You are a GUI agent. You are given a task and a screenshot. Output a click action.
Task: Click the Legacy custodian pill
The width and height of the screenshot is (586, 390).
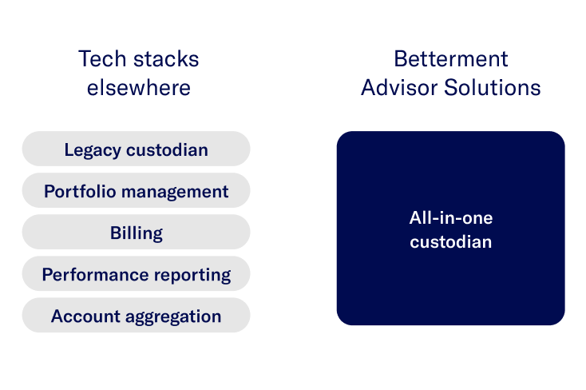(136, 149)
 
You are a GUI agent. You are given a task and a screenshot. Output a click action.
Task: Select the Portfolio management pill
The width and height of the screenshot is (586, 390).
(136, 191)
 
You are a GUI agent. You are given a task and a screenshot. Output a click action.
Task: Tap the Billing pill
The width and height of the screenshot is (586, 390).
(136, 233)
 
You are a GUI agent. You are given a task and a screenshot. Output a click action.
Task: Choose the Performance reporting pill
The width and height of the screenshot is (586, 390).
(136, 274)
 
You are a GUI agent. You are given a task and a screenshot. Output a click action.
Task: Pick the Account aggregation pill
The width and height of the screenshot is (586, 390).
(136, 316)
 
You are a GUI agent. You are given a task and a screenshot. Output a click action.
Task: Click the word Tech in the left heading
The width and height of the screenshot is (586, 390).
(99, 59)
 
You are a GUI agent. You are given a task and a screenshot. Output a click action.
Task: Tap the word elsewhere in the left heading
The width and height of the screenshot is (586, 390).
(139, 87)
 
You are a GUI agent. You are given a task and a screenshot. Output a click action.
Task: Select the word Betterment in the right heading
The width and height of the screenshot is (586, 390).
(450, 59)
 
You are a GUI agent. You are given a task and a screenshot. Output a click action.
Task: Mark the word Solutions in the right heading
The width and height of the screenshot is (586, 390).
(493, 87)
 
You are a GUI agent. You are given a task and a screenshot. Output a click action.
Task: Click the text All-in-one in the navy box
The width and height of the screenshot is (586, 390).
(450, 217)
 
